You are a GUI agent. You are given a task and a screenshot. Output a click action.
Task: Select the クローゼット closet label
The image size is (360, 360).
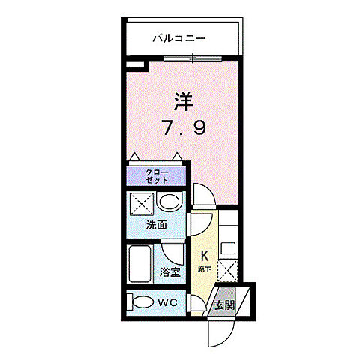pos(157,178)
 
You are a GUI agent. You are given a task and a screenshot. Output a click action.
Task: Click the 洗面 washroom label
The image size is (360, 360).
pos(155,224)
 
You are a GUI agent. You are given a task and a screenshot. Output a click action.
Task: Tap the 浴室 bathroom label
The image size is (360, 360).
pos(169,272)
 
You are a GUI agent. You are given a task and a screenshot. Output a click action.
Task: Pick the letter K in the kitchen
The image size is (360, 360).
pos(202,255)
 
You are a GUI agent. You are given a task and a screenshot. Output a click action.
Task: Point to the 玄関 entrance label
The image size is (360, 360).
pos(224,305)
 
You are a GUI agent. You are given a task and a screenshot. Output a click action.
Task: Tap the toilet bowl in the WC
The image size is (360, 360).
pos(140,302)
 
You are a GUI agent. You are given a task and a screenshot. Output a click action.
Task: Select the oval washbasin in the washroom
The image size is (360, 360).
pos(170,202)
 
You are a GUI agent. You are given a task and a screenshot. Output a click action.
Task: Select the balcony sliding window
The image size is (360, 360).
pos(193,58)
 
